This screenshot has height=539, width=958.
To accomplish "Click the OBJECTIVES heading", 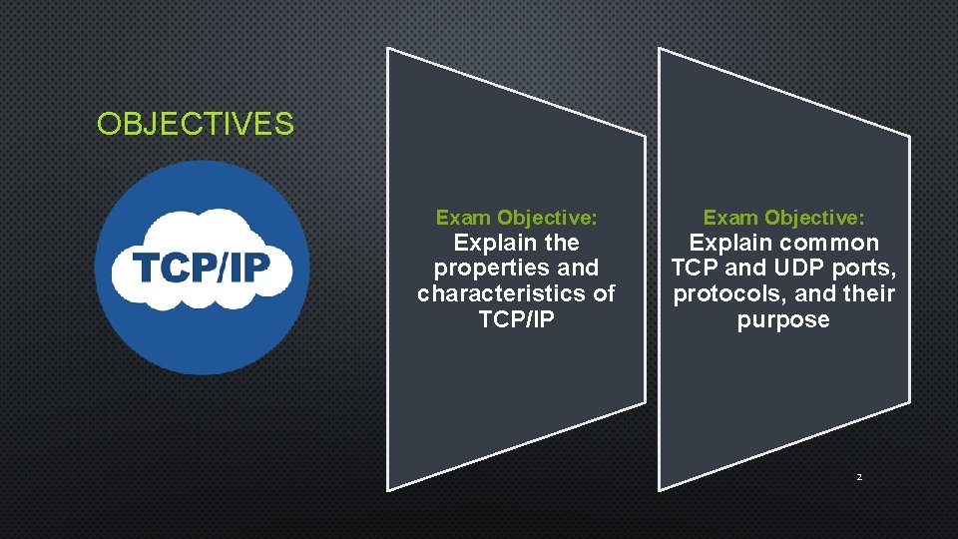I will (x=196, y=125).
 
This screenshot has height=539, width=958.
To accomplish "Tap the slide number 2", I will (x=858, y=477).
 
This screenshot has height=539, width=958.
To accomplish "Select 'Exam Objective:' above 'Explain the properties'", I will (x=516, y=218).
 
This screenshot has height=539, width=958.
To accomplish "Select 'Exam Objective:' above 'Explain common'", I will (x=783, y=218).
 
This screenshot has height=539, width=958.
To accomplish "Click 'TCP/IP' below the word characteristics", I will (x=516, y=320).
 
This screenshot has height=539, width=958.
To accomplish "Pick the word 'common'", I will (x=830, y=243).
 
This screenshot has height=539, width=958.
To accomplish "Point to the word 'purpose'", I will (x=783, y=320).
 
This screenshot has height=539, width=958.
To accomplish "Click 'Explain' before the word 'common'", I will (x=731, y=243).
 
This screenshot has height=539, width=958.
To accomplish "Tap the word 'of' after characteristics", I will (x=603, y=294).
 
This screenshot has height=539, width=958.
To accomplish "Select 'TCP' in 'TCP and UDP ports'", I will (x=695, y=269).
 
